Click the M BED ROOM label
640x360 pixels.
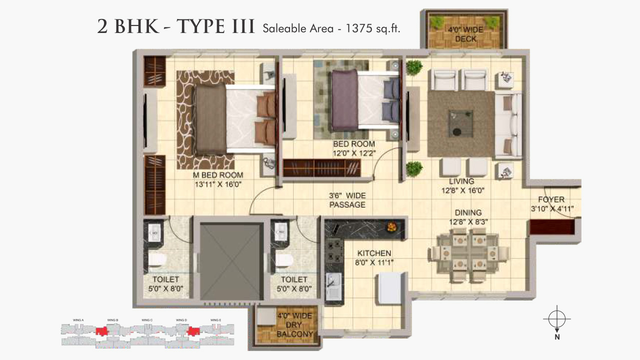(x=218, y=175)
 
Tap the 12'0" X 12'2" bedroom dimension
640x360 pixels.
(x=354, y=153)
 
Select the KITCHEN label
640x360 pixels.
(x=374, y=253)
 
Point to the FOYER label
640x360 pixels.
(x=551, y=199)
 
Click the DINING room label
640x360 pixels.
(x=468, y=212)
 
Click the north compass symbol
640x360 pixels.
(x=556, y=318)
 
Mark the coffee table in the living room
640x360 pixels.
(x=461, y=122)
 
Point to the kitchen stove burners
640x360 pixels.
(x=332, y=250)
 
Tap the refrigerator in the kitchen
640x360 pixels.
(x=390, y=288)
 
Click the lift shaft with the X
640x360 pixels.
(x=231, y=261)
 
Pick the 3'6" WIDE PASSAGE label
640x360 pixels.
(x=347, y=200)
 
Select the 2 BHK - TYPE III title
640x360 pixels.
(x=176, y=27)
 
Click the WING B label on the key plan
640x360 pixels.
(x=112, y=320)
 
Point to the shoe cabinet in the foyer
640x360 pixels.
(x=551, y=228)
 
